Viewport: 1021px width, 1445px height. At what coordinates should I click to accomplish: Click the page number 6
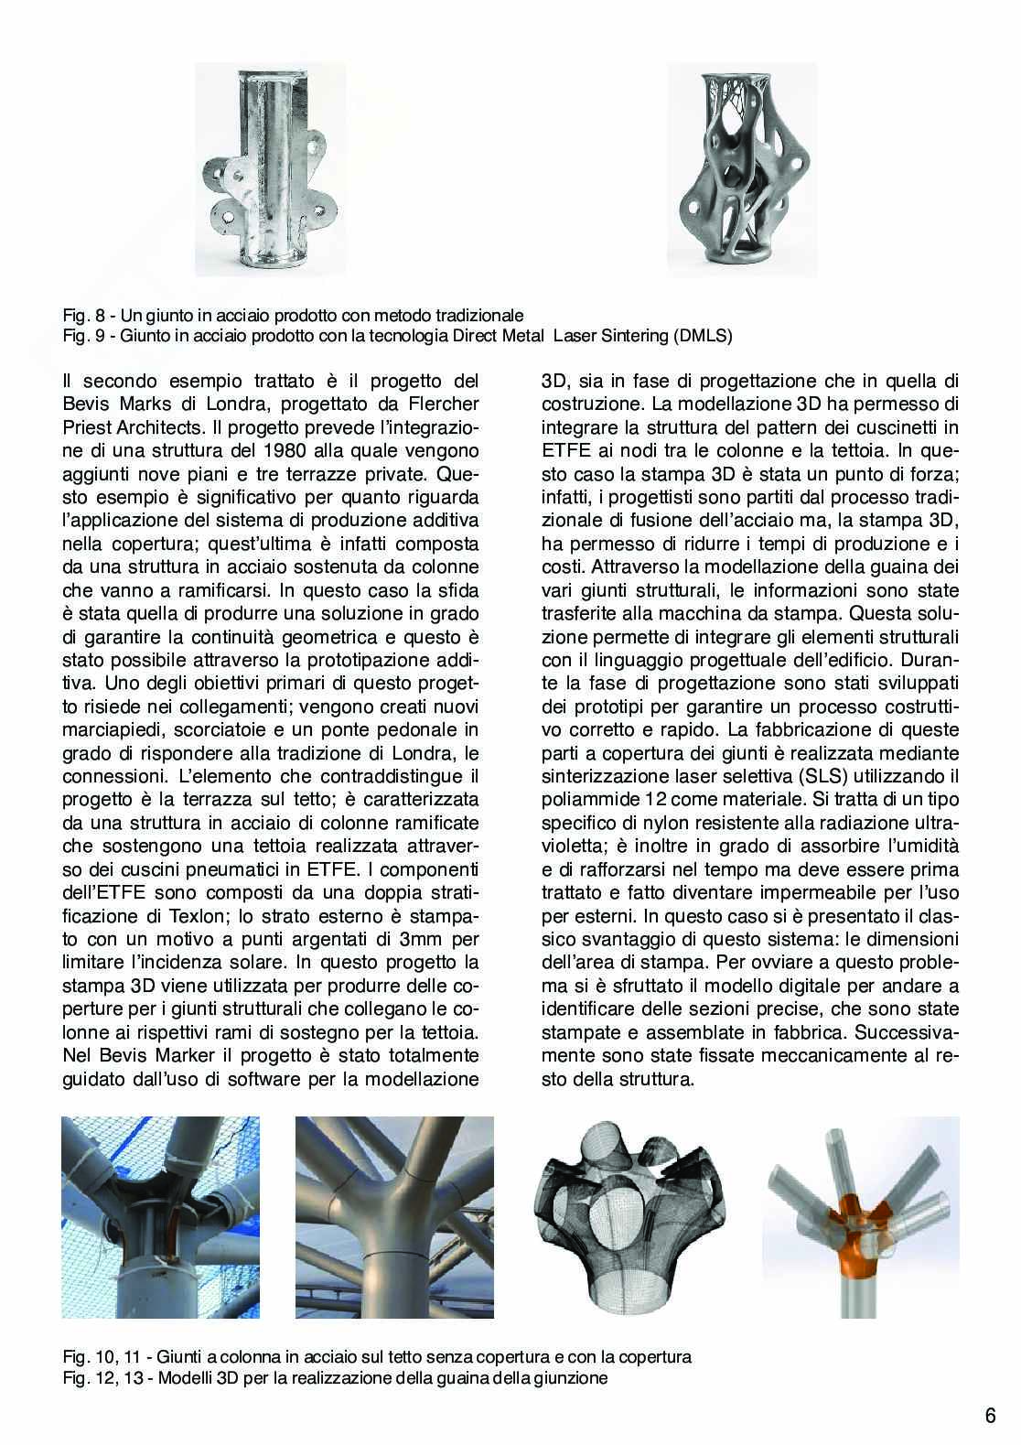click(990, 1416)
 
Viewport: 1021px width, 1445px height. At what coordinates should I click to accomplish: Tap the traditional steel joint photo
click(271, 170)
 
